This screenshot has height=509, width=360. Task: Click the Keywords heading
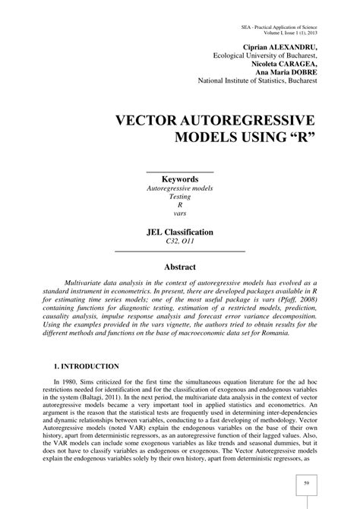point(180,179)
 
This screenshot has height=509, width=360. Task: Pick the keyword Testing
point(180,196)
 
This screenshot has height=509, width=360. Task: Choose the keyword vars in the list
point(180,213)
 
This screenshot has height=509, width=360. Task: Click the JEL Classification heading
point(180,232)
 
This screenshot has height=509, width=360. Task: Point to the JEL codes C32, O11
point(180,242)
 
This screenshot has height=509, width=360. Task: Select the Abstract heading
point(180,267)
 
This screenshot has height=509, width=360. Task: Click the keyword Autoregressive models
point(180,188)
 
